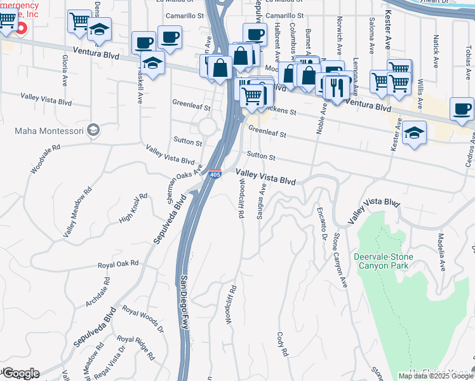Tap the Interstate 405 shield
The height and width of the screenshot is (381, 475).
click(215, 173)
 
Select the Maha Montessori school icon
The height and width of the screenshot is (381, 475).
click(94, 130)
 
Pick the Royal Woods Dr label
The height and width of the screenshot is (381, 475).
click(143, 320)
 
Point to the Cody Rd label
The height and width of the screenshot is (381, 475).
click(283, 344)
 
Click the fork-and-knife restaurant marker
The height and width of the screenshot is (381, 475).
click(337, 87)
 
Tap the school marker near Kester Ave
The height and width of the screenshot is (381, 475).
click(414, 133)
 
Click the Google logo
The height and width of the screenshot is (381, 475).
click(20, 373)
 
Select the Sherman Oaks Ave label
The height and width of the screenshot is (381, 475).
click(185, 185)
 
